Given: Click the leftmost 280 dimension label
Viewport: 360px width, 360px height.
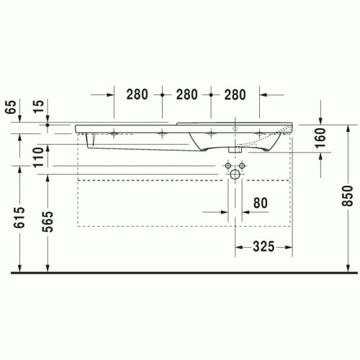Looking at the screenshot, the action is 137,94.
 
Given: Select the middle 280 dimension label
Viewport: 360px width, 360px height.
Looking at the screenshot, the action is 186,94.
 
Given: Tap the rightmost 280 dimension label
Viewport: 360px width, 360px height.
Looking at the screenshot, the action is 235,94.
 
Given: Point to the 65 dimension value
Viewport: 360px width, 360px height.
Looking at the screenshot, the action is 11,107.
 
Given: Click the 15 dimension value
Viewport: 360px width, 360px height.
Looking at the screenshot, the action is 38,106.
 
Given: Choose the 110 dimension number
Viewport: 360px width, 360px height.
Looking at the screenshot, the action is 38,158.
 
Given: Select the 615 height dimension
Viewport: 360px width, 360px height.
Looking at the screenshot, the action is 19,217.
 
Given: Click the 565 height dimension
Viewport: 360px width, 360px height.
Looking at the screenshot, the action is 48,222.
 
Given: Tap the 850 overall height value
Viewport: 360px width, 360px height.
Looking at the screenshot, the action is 347,196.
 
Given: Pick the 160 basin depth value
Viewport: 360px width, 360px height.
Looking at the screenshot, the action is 320,138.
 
